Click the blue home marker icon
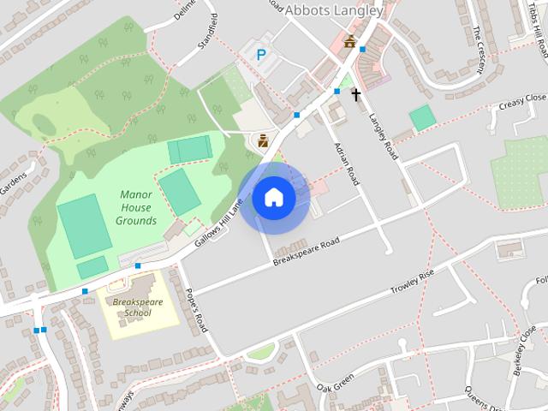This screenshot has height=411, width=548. [x=273, y=198]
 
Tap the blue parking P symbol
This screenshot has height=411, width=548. [x=262, y=55]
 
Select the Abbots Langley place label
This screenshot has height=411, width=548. [x=333, y=11]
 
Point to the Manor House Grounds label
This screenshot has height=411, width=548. [x=137, y=207]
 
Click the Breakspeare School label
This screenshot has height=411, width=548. [x=137, y=307]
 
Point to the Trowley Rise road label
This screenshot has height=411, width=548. [x=413, y=282]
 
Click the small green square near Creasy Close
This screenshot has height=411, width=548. [x=422, y=118]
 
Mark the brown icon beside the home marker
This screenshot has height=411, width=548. [x=263, y=140]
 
